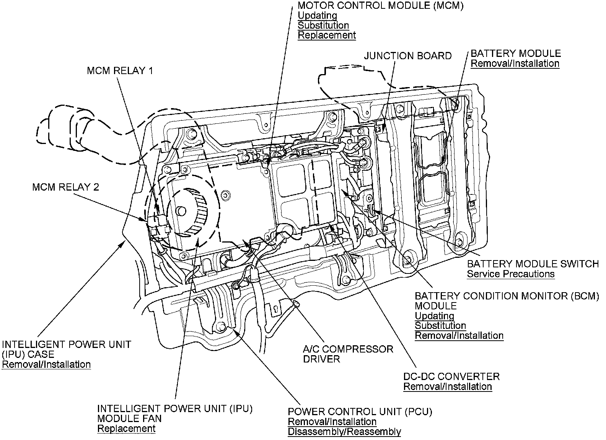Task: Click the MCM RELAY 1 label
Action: coord(120,71)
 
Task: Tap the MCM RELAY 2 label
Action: coord(66,187)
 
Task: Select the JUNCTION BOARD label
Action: coord(407,56)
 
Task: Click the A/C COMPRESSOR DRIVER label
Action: coord(348,354)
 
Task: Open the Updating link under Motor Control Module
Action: coord(317,16)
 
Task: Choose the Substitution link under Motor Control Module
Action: coord(323,26)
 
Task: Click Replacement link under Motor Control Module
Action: coord(327,36)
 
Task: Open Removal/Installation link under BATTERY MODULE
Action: coord(515,63)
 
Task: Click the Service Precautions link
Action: coord(510,274)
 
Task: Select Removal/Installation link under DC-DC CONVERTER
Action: coord(448,387)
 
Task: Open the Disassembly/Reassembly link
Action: coord(344,432)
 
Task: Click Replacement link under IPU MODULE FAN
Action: coord(126,429)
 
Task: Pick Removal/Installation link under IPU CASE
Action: coord(46,364)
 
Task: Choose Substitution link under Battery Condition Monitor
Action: coord(440,326)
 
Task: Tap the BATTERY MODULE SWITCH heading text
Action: coord(533,264)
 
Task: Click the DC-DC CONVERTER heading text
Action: coord(451,377)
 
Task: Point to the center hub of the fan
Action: coord(181,210)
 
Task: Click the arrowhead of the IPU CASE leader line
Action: coord(123,243)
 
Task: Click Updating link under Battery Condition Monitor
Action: coord(434,316)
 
